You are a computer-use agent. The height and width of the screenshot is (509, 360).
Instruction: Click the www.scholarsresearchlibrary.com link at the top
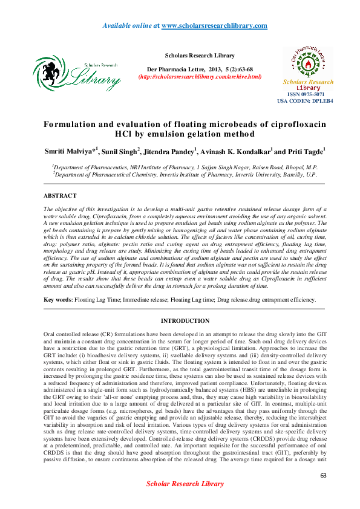pyautogui.click(x=215, y=25)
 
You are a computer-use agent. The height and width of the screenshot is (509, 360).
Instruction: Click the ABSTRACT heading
pyautogui.click(x=60, y=196)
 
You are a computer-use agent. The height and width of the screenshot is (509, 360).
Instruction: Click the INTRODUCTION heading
pyautogui.click(x=185, y=320)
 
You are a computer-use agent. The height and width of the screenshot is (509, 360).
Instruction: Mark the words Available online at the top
pyautogui.click(x=129, y=25)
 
